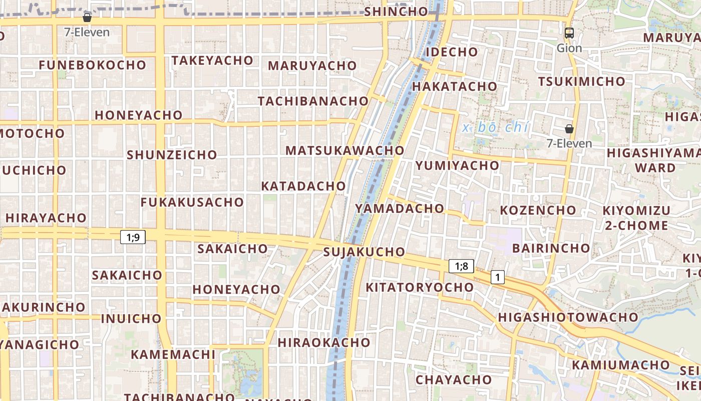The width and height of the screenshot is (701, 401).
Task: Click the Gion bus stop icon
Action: click(x=569, y=34)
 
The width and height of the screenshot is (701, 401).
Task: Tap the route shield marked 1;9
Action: click(x=133, y=237)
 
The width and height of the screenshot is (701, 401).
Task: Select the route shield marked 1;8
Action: click(x=461, y=266)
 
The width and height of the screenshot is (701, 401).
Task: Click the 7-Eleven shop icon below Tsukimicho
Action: click(x=569, y=129)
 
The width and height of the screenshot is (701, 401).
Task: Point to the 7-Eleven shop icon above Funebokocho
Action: click(x=87, y=18)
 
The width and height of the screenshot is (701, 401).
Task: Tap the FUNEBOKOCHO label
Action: click(x=93, y=65)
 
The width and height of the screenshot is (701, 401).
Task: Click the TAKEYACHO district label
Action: click(x=212, y=61)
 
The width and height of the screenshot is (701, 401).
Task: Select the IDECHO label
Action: click(x=452, y=52)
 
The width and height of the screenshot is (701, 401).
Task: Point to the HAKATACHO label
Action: click(x=455, y=86)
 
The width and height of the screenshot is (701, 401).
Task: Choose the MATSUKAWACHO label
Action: click(x=344, y=150)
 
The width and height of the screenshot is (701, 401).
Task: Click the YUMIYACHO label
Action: click(x=457, y=165)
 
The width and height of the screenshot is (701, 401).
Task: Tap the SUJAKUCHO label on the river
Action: click(x=364, y=252)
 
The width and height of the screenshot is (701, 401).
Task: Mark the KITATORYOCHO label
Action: click(x=420, y=287)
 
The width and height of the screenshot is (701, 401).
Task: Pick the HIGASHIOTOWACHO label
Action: click(x=568, y=317)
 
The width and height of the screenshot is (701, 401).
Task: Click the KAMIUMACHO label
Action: click(x=620, y=365)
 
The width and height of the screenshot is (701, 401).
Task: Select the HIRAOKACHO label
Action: click(x=324, y=343)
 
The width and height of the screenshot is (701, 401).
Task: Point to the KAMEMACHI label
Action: click(x=173, y=354)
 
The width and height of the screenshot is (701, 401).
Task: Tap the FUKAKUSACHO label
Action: click(x=192, y=203)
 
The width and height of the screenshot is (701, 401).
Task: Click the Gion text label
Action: click(x=569, y=48)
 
